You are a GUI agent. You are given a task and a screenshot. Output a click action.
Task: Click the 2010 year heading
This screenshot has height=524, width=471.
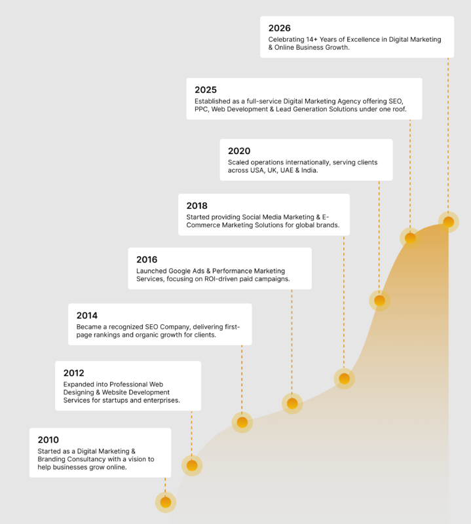[x=48, y=440]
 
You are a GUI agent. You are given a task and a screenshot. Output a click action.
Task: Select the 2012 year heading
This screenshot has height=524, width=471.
[x=73, y=373]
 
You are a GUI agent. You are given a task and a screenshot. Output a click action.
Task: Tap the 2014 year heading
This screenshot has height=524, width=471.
[x=87, y=316]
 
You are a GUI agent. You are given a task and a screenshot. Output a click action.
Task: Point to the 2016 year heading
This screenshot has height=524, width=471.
[x=147, y=260]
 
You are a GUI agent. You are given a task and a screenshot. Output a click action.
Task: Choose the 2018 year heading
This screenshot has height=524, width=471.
[x=197, y=206]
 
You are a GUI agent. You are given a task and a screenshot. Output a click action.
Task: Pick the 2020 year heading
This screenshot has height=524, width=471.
[x=239, y=151]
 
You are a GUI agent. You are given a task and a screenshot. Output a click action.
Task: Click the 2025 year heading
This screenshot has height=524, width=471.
[x=206, y=90]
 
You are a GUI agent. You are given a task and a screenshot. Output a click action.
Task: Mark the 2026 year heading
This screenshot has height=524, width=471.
[x=279, y=28]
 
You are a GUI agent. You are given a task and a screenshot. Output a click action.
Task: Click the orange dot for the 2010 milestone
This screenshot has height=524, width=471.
[x=166, y=502]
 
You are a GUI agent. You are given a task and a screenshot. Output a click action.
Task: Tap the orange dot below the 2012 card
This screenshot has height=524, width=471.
[x=192, y=466]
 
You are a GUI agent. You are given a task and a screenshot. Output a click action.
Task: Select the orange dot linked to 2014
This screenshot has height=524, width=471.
[x=242, y=422]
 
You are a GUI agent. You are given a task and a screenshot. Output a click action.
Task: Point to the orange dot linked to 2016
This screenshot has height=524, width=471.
[x=292, y=403]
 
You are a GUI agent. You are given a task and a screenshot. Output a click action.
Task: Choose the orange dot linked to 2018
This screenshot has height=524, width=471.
[x=344, y=379]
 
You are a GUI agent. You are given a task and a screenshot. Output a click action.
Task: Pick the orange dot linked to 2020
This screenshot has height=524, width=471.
[x=379, y=301]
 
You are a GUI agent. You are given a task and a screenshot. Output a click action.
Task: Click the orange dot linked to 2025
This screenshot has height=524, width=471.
[x=410, y=238]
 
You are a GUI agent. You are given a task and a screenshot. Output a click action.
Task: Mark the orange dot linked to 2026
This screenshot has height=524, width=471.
[x=449, y=222]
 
